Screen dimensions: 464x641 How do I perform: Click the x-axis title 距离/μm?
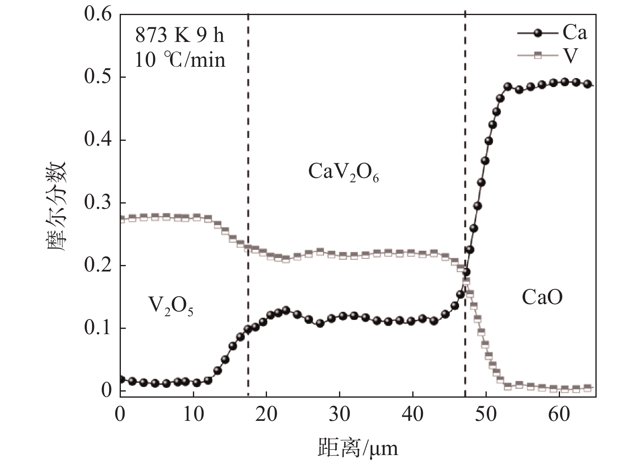pos(358,448)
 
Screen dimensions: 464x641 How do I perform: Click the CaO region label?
pos(542,298)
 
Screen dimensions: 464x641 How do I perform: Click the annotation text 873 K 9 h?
pos(179,36)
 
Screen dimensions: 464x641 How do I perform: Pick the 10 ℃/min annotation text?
pos(179,60)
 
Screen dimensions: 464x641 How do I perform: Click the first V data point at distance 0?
pos(121,219)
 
